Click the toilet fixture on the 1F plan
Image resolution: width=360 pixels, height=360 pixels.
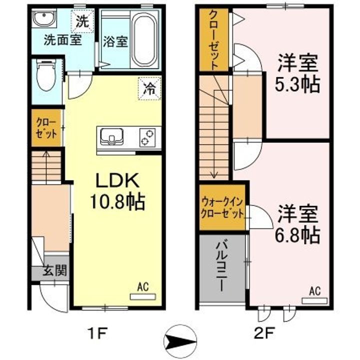pos(46,76)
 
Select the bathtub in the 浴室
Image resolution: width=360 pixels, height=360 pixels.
pos(144,39)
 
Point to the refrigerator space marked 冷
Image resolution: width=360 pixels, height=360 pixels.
pos(149,88)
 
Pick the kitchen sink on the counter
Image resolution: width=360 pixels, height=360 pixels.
pos(112,137)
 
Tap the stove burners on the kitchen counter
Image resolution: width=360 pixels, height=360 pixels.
pos(147,137)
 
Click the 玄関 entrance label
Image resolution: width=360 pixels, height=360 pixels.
pos(54,270)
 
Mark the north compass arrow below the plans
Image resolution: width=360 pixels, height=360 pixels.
pos(180,341)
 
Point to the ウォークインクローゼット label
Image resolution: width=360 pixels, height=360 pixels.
pos(222,208)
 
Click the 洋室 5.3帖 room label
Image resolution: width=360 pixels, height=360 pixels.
pos(297,73)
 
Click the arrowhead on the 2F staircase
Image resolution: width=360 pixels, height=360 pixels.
pos(214,175)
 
